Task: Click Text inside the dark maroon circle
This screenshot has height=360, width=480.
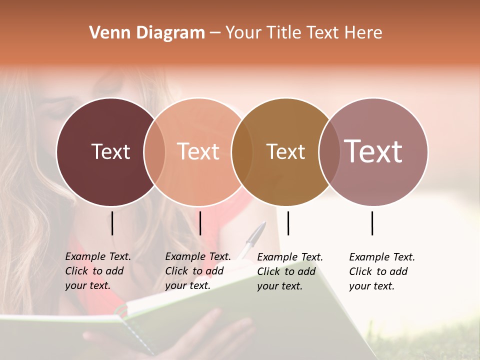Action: pyautogui.click(x=110, y=151)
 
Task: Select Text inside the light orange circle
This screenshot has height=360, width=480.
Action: pyautogui.click(x=198, y=151)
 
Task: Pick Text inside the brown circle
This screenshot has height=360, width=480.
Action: pyautogui.click(x=285, y=151)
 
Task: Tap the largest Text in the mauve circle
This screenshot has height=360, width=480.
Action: pyautogui.click(x=373, y=151)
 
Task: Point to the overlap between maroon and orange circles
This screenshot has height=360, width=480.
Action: pyautogui.click(x=154, y=151)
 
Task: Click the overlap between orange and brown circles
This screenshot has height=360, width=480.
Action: pyautogui.click(x=242, y=151)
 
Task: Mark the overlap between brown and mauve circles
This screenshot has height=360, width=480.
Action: pyautogui.click(x=329, y=151)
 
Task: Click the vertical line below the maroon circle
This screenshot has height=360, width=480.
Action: pyautogui.click(x=112, y=223)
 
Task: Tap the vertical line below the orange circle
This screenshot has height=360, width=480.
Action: pyautogui.click(x=200, y=223)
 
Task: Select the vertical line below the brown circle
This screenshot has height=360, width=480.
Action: pyautogui.click(x=288, y=223)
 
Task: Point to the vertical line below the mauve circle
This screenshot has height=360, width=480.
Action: pyautogui.click(x=372, y=223)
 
